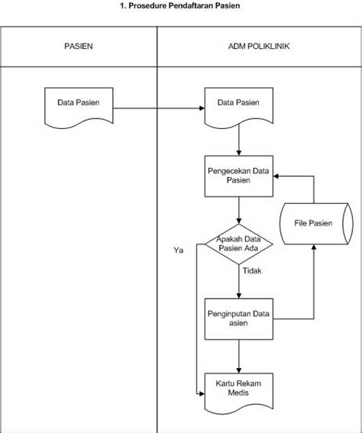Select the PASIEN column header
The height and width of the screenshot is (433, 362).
(78, 47)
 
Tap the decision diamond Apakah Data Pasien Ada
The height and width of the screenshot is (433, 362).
(239, 244)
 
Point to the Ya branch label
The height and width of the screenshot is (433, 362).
(179, 250)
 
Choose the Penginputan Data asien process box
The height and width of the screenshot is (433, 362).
(240, 318)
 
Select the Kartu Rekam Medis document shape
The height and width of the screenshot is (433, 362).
(240, 387)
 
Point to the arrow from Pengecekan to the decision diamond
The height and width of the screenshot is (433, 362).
(240, 210)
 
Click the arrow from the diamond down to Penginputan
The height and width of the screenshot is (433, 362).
(240, 283)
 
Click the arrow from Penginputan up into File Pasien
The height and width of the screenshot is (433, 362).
(312, 290)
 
